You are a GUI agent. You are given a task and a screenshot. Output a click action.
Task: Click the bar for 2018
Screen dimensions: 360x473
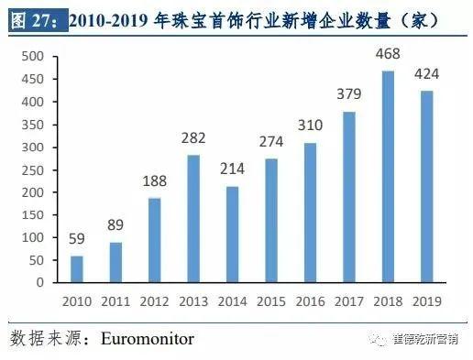[x=389, y=177]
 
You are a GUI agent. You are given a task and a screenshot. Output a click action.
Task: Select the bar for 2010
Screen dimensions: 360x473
[x=77, y=269]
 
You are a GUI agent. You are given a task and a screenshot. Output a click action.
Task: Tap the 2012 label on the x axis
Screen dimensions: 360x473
[x=155, y=300]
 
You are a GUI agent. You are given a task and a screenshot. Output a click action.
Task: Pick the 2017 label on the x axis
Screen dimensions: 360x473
[x=349, y=300]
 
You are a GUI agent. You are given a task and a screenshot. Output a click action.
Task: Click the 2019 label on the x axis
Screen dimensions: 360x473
[x=427, y=300]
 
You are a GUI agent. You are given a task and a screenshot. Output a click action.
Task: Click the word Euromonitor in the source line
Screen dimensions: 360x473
[x=148, y=339]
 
